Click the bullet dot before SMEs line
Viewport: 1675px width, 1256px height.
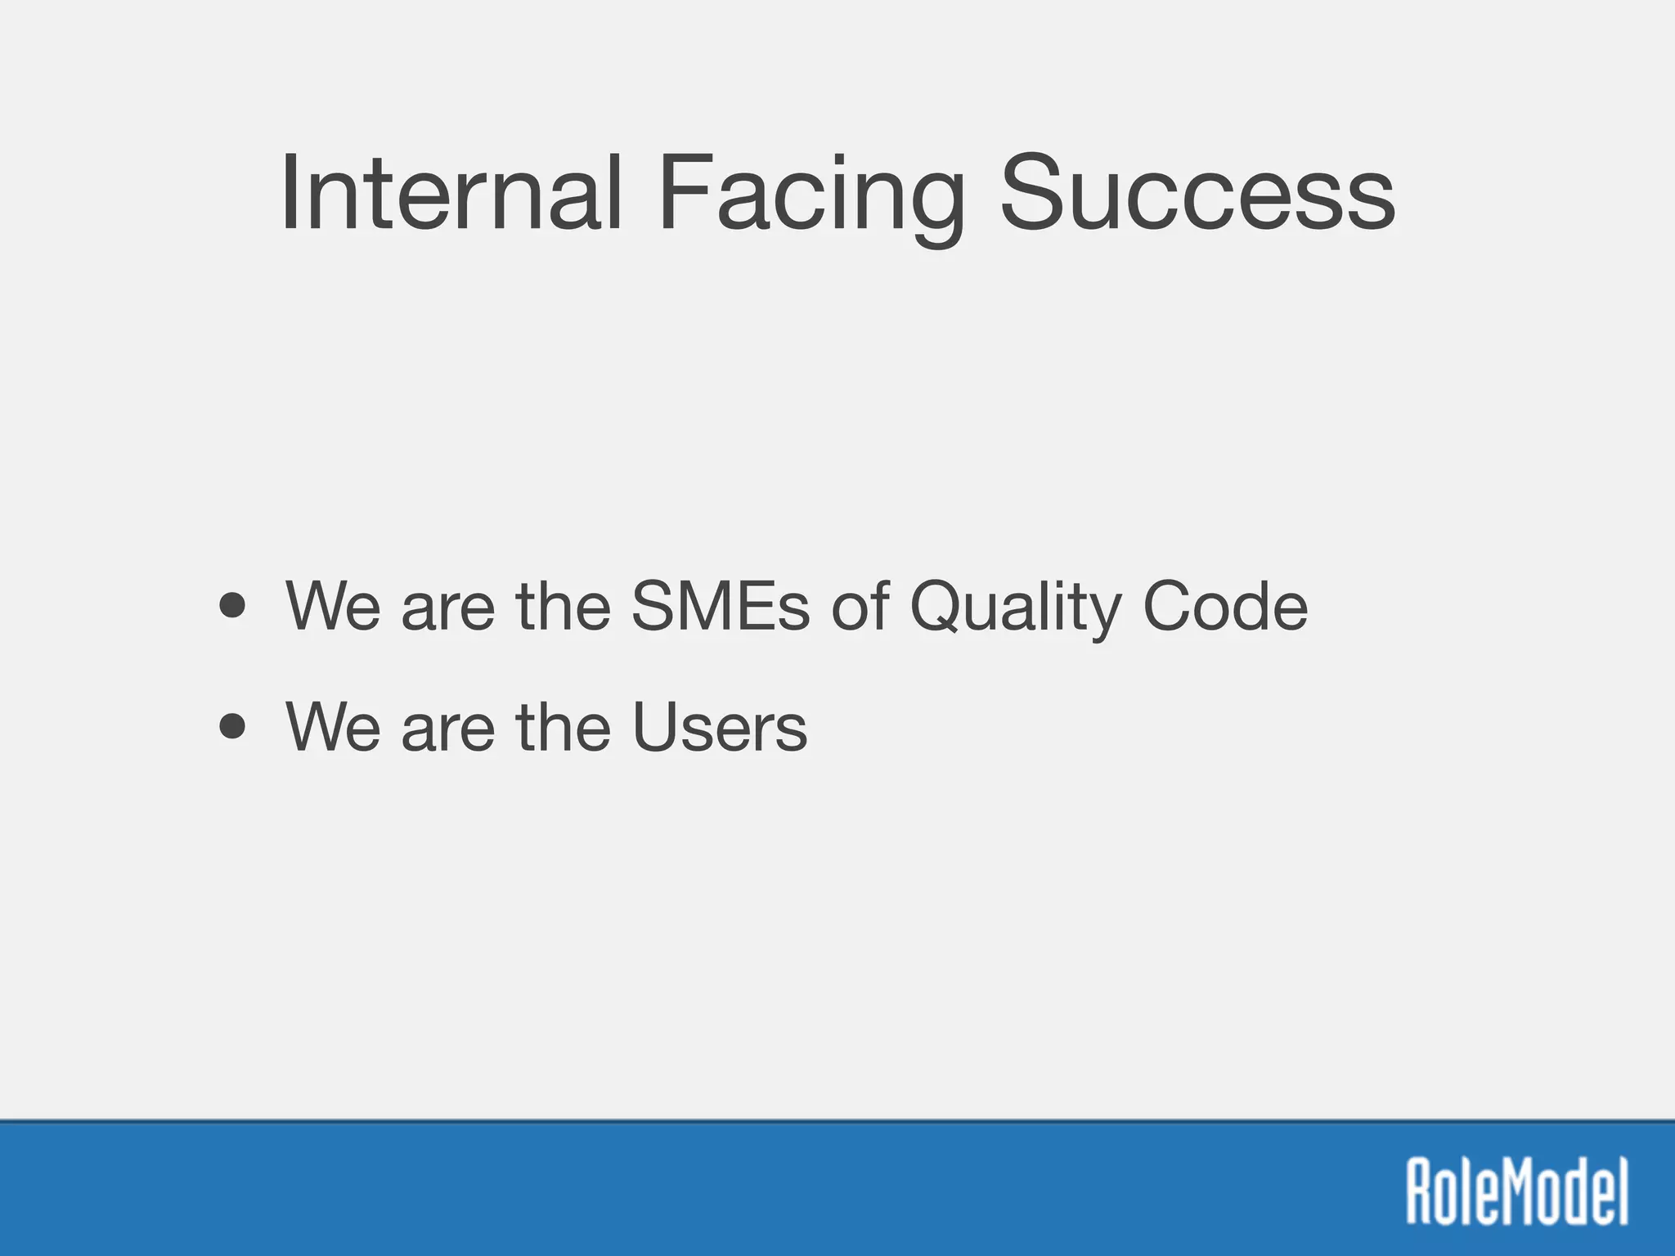[x=233, y=606]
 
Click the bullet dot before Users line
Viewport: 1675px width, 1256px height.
[x=233, y=726]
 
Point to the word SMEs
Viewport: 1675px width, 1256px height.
[x=721, y=606]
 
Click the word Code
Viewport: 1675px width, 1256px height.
[x=1225, y=606]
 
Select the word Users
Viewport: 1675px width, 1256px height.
[x=720, y=726]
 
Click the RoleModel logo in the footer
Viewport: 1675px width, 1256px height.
[x=1517, y=1191]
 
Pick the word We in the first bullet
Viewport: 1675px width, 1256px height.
[x=333, y=606]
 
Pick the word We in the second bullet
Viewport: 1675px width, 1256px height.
[x=333, y=726]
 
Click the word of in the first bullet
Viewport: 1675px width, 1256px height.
[x=860, y=606]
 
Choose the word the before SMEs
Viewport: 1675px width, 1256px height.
[x=564, y=606]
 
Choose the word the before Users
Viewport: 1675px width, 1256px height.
[x=564, y=726]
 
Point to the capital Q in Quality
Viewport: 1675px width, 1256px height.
[x=941, y=606]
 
